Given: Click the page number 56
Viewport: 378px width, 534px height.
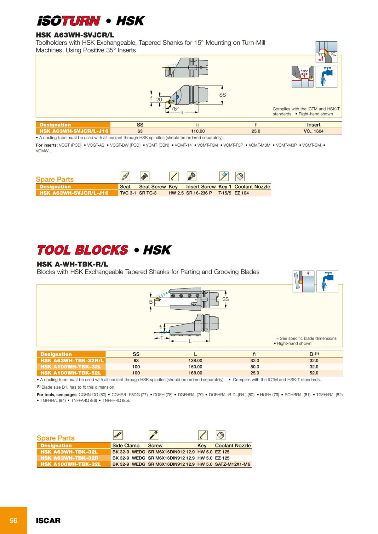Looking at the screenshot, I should (x=14, y=520).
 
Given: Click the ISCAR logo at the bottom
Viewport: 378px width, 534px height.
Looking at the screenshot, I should (x=48, y=520).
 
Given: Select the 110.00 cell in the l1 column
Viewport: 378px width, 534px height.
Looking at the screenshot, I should (x=198, y=131).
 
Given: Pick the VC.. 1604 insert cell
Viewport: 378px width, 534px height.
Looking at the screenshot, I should (x=313, y=131).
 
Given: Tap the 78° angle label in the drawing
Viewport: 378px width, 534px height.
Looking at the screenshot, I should (x=175, y=109).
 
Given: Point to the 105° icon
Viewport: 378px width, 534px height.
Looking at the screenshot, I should (x=302, y=76).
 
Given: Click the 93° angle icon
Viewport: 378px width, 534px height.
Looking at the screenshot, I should (x=326, y=52).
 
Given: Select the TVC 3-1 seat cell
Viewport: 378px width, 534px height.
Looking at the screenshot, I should (x=128, y=193).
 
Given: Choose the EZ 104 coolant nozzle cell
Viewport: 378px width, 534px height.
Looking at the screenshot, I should (x=242, y=193).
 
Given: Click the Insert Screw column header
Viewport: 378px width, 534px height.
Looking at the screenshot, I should (x=201, y=187).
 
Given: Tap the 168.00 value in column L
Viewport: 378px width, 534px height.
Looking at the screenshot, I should (x=195, y=373).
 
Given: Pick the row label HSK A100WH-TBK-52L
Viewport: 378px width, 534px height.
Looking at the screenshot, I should (x=71, y=373).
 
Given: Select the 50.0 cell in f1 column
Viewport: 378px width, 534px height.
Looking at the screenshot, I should (x=255, y=367).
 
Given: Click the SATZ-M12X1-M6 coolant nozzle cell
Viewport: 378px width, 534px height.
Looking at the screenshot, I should (x=232, y=464).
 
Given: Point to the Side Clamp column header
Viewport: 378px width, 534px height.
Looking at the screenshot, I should (x=126, y=446).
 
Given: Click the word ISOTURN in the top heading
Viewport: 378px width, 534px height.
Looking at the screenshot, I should (x=69, y=21).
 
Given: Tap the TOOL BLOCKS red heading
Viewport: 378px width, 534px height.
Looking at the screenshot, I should (x=83, y=250).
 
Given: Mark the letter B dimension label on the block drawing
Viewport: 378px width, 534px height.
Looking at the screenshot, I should (x=151, y=302).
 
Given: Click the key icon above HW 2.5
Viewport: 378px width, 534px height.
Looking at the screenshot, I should (x=174, y=176).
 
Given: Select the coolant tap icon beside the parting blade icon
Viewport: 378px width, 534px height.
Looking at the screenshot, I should (x=327, y=281).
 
